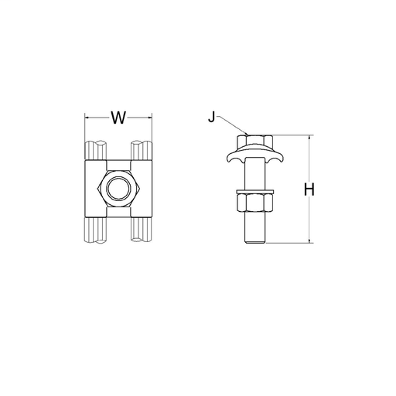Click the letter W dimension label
tap(118, 118)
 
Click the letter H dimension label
tap(309, 189)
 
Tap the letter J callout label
tap(212, 118)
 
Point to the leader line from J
tap(229, 126)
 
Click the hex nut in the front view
tap(118, 188)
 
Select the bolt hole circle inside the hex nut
tap(118, 188)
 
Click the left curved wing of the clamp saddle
tap(231, 159)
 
